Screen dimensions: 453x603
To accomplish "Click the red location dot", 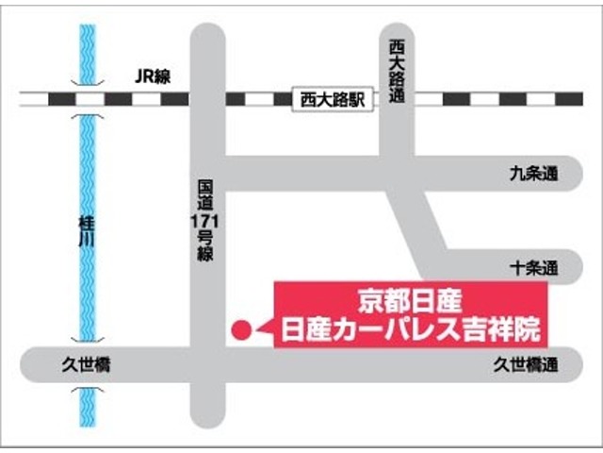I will pos(241,330).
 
